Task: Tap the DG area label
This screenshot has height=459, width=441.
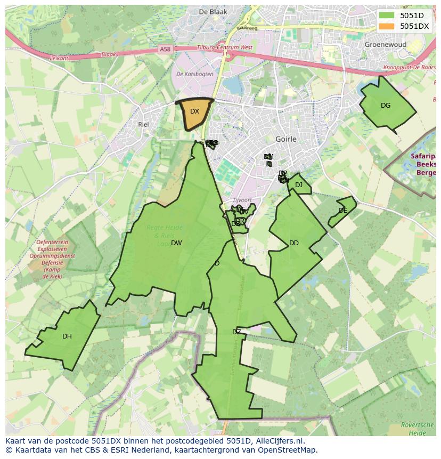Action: coord(386,106)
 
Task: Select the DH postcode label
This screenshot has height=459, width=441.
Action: coord(67,336)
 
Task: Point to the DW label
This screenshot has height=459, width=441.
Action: coord(176,243)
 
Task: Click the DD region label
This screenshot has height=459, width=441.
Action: coord(294,243)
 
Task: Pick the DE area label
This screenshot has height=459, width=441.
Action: coord(343,211)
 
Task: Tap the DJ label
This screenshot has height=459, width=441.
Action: coord(299,185)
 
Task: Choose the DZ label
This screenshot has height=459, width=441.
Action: coord(236,332)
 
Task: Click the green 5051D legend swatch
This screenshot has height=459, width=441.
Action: coord(387,15)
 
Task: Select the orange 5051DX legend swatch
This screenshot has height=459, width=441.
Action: coord(387,26)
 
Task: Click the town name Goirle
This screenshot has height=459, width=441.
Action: coord(286,139)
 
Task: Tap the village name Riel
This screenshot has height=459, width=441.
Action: coord(143,124)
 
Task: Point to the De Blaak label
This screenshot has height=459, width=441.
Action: coord(213,11)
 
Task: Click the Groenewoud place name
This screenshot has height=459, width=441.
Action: coord(386,45)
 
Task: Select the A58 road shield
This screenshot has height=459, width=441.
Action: coord(166,49)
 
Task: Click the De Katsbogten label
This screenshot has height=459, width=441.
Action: coord(195,74)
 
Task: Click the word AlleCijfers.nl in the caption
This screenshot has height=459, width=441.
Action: coord(280,441)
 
